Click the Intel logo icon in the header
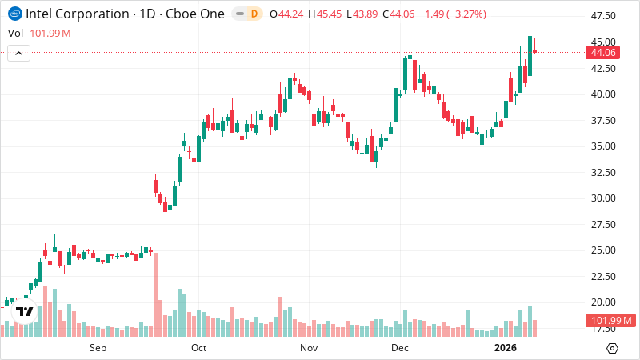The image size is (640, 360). (14, 14)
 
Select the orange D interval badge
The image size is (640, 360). (254, 14)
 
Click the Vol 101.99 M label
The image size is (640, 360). (38, 33)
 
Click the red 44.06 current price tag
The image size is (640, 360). (602, 53)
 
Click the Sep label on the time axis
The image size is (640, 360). (98, 348)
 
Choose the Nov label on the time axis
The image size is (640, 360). (309, 348)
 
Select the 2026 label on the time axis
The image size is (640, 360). (506, 348)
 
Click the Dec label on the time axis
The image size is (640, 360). (400, 348)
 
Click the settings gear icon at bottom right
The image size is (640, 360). (612, 348)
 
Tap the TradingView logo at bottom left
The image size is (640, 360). (25, 312)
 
